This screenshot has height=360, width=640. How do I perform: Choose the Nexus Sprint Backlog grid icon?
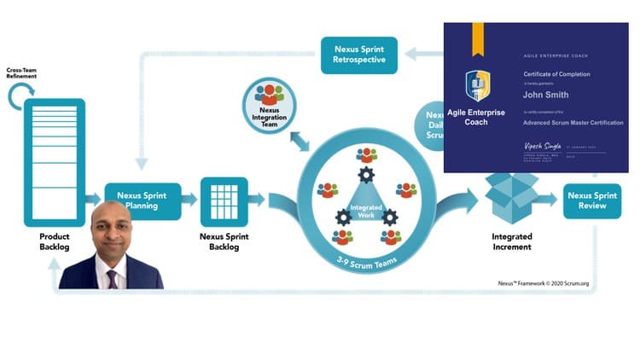click(224, 200)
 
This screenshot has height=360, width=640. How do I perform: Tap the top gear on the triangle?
click(366, 176)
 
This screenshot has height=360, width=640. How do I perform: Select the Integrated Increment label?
click(511, 241)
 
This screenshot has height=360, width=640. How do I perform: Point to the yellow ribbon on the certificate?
click(477, 34)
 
